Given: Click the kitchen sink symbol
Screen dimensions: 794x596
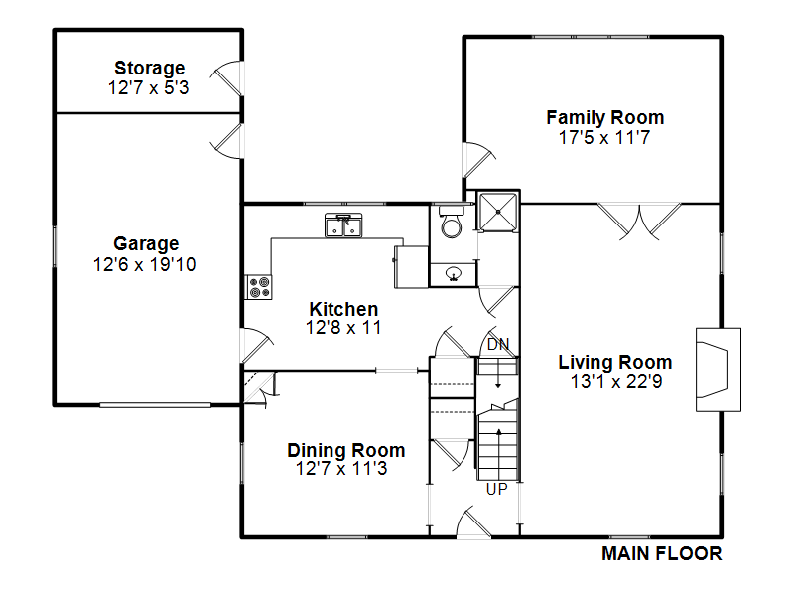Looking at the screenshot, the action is pyautogui.click(x=343, y=225).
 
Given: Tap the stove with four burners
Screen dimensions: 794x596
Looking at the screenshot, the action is pyautogui.click(x=259, y=287).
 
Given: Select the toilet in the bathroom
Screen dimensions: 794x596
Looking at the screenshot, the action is pyautogui.click(x=451, y=222).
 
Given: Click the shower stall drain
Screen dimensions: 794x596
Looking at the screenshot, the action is pyautogui.click(x=498, y=212).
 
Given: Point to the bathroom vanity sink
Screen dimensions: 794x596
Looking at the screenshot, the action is pyautogui.click(x=454, y=274).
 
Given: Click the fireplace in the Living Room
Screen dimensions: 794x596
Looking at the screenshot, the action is pyautogui.click(x=718, y=370).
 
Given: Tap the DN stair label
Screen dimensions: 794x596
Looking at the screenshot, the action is pyautogui.click(x=498, y=345).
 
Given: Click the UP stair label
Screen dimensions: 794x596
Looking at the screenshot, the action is pyautogui.click(x=497, y=489).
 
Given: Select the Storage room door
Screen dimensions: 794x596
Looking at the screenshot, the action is pyautogui.click(x=228, y=78).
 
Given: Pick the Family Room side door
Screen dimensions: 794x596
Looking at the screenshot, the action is pyautogui.click(x=478, y=160).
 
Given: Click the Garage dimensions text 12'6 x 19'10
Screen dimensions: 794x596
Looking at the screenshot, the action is pyautogui.click(x=144, y=264).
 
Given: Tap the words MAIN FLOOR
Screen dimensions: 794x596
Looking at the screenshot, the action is pyautogui.click(x=661, y=554).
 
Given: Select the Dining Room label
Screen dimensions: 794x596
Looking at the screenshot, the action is pyautogui.click(x=345, y=450).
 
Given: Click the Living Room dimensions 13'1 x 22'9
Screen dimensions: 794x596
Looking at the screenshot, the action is pyautogui.click(x=615, y=381).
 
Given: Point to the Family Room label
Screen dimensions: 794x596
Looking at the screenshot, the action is pyautogui.click(x=605, y=117).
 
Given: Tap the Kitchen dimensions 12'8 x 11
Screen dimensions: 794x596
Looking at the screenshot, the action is pyautogui.click(x=343, y=328).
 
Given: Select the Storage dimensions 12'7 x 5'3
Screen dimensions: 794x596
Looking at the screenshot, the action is pyautogui.click(x=148, y=87).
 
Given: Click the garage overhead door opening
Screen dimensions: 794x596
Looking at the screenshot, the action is pyautogui.click(x=155, y=405).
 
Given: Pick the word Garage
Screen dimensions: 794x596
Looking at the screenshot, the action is pyautogui.click(x=146, y=244).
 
